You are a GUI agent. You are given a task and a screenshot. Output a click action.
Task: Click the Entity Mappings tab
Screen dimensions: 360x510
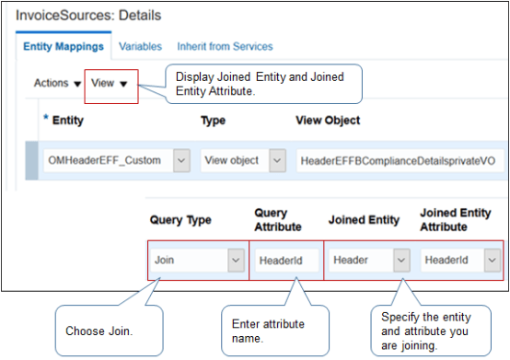pos(62,46)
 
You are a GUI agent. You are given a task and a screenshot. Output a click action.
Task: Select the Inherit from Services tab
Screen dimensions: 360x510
pos(226,46)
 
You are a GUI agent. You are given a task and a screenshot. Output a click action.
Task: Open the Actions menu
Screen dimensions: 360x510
pos(57,83)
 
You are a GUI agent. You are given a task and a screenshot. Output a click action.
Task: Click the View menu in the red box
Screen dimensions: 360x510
pos(109,83)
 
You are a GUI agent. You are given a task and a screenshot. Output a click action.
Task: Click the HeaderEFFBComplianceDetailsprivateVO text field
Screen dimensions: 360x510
pos(397,159)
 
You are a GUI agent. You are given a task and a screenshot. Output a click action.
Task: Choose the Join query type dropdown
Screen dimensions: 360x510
pos(198,261)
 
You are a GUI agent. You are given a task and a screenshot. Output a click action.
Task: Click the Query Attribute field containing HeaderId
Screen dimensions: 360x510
pos(285,261)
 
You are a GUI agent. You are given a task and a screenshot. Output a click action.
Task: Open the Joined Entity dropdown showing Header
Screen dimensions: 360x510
pos(368,261)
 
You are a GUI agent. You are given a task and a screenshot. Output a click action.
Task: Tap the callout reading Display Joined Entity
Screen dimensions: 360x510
pos(262,83)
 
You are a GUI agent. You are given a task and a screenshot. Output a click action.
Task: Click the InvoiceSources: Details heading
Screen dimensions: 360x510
pos(88,16)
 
